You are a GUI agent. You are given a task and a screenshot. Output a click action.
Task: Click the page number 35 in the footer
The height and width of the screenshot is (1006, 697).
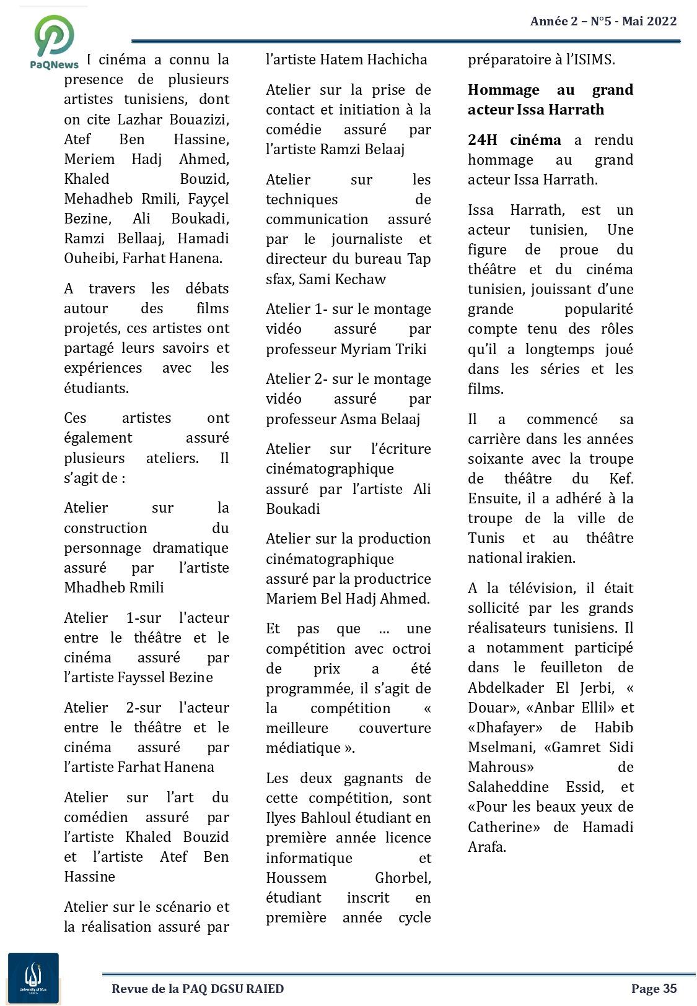pyautogui.click(x=670, y=989)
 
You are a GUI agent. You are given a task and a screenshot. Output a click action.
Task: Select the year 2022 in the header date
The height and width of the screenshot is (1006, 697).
pyautogui.click(x=662, y=21)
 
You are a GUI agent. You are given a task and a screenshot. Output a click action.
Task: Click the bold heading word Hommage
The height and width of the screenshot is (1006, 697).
pyautogui.click(x=504, y=90)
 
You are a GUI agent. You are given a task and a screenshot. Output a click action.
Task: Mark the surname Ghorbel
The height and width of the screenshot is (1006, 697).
pyautogui.click(x=403, y=878)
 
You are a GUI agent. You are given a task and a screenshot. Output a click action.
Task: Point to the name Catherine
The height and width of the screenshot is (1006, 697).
pyautogui.click(x=503, y=827)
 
